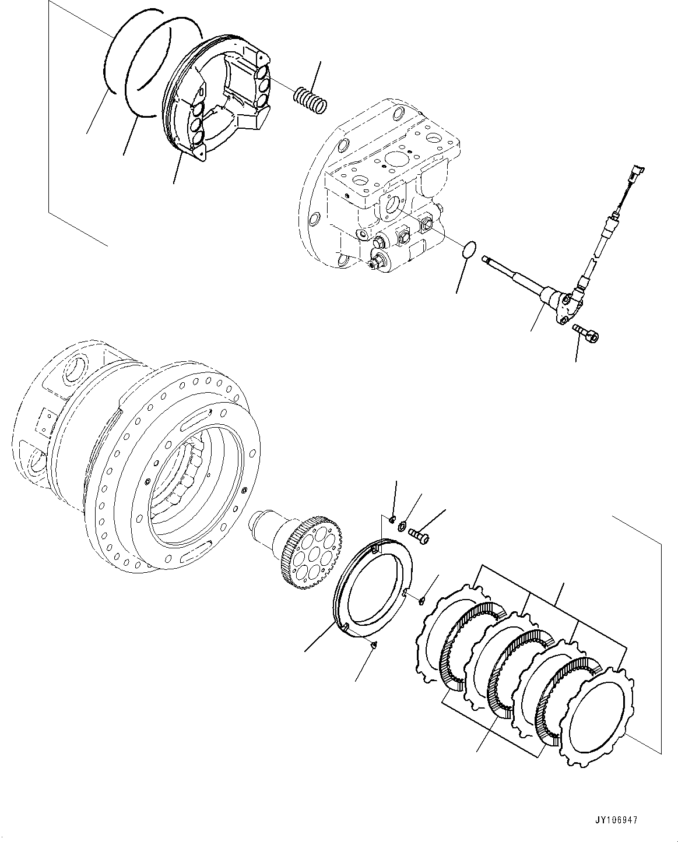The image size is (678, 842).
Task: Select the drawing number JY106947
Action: click(617, 820)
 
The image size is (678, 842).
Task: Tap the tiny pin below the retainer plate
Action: click(374, 644)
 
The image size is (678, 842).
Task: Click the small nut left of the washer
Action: click(392, 519)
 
